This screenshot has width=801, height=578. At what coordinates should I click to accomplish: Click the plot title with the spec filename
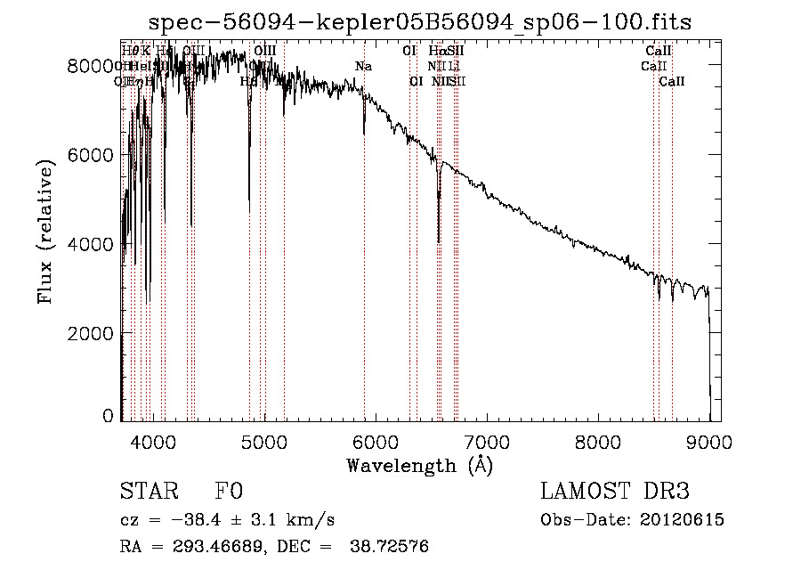coord(420,21)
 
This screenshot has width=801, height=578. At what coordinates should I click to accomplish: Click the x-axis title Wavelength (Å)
coord(420,464)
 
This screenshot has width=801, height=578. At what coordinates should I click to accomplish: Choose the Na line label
coord(363,67)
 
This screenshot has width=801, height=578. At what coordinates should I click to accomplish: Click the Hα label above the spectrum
coord(435,52)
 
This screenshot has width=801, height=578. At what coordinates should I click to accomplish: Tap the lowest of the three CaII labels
coord(672,82)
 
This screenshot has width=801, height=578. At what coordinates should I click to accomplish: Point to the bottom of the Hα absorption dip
coord(439,240)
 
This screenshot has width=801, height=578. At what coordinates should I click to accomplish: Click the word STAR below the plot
coord(148,492)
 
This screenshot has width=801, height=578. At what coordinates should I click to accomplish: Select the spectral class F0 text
coord(230,492)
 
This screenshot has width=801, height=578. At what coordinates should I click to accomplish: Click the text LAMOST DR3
coord(614,492)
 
